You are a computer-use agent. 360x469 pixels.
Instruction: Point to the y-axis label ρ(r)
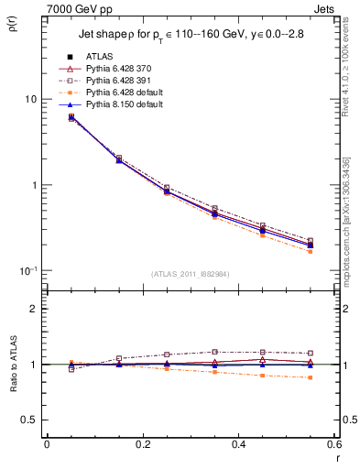[x=11, y=37]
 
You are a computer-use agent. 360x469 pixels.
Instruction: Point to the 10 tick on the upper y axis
[x=30, y=99]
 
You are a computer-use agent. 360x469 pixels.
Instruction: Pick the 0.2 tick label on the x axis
[x=142, y=444]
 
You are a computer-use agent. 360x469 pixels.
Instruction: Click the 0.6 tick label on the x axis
[x=334, y=444]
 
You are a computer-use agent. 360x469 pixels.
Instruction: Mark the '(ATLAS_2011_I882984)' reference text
[x=190, y=273]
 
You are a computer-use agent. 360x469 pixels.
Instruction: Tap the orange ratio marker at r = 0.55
[x=311, y=377]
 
